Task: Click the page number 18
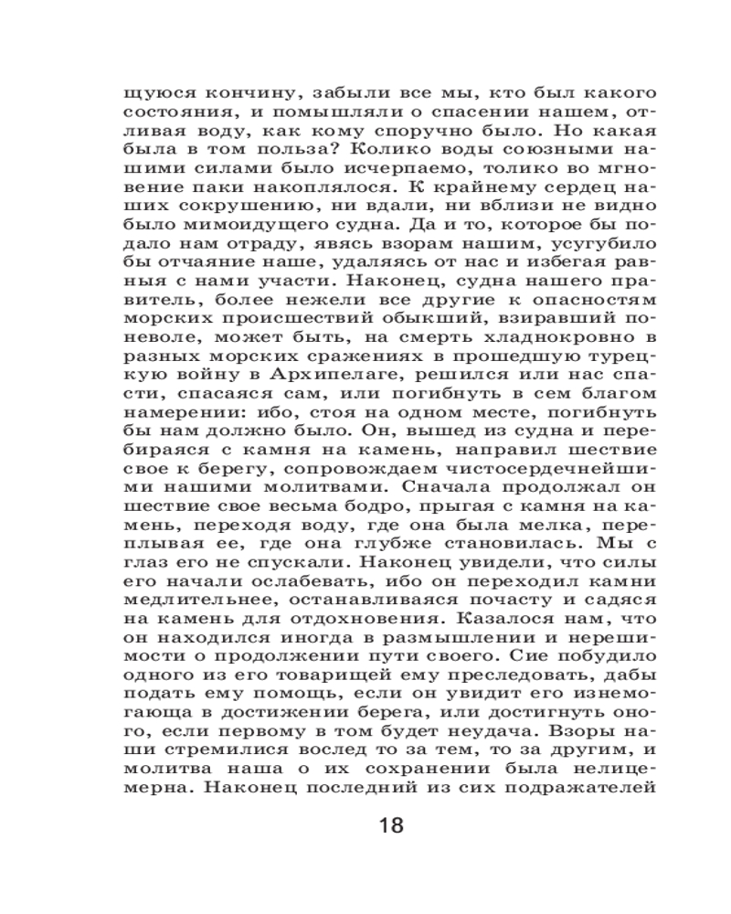tap(390, 826)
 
